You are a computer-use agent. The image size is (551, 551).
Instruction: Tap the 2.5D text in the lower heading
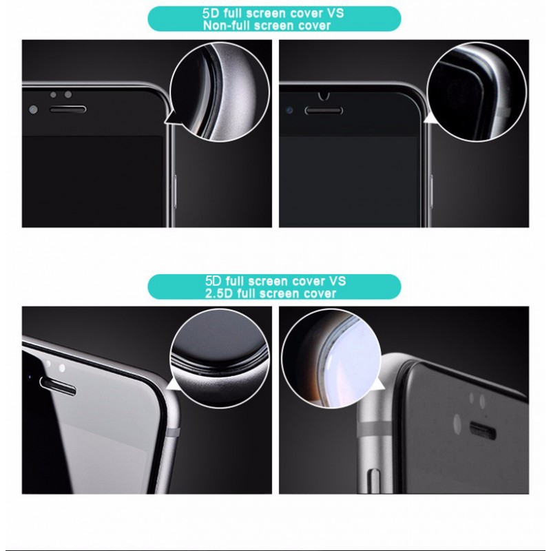(x=219, y=293)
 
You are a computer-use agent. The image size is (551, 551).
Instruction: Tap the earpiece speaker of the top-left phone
(x=67, y=110)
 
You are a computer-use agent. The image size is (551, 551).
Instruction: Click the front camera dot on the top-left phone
(x=33, y=110)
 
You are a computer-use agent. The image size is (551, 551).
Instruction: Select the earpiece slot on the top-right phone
(x=324, y=111)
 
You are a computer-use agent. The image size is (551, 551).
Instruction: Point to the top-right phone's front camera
(x=289, y=110)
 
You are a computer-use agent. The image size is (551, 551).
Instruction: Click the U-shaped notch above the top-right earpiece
(x=324, y=96)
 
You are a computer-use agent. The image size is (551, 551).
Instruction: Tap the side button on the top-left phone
(x=175, y=191)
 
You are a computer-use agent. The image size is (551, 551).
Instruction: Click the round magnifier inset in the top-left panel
(x=220, y=92)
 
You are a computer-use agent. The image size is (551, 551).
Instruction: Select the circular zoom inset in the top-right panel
(x=477, y=92)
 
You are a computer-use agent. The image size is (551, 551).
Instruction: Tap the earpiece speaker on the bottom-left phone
(x=58, y=386)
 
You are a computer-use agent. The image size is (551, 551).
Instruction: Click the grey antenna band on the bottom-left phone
(x=175, y=432)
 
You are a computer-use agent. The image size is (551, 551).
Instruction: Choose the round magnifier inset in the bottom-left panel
(x=220, y=359)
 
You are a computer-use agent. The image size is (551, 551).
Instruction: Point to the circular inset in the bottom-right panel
(x=331, y=359)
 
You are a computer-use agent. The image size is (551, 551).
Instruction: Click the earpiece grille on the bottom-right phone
(x=483, y=431)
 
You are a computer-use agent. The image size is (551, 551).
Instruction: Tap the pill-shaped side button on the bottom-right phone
(x=372, y=480)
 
